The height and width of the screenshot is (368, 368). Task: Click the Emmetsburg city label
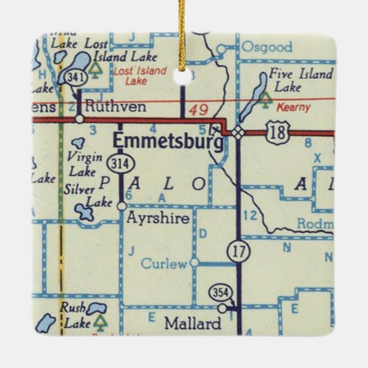click(x=168, y=141)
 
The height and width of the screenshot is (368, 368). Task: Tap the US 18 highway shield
click(x=278, y=132)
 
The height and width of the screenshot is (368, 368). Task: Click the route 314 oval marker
click(x=121, y=165)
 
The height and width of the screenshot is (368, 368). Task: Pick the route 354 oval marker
click(x=221, y=293)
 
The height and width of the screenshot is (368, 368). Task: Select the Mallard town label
click(x=193, y=324)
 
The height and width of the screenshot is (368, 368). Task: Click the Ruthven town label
click(x=114, y=106)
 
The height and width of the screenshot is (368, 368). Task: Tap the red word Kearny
click(x=293, y=107)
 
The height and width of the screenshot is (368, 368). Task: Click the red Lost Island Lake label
click(x=140, y=76)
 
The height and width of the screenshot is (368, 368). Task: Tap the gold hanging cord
click(x=182, y=29)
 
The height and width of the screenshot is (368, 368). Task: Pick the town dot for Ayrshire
click(x=122, y=206)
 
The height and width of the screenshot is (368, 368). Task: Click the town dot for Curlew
click(x=194, y=262)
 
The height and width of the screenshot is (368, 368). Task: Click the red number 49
click(x=198, y=110)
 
